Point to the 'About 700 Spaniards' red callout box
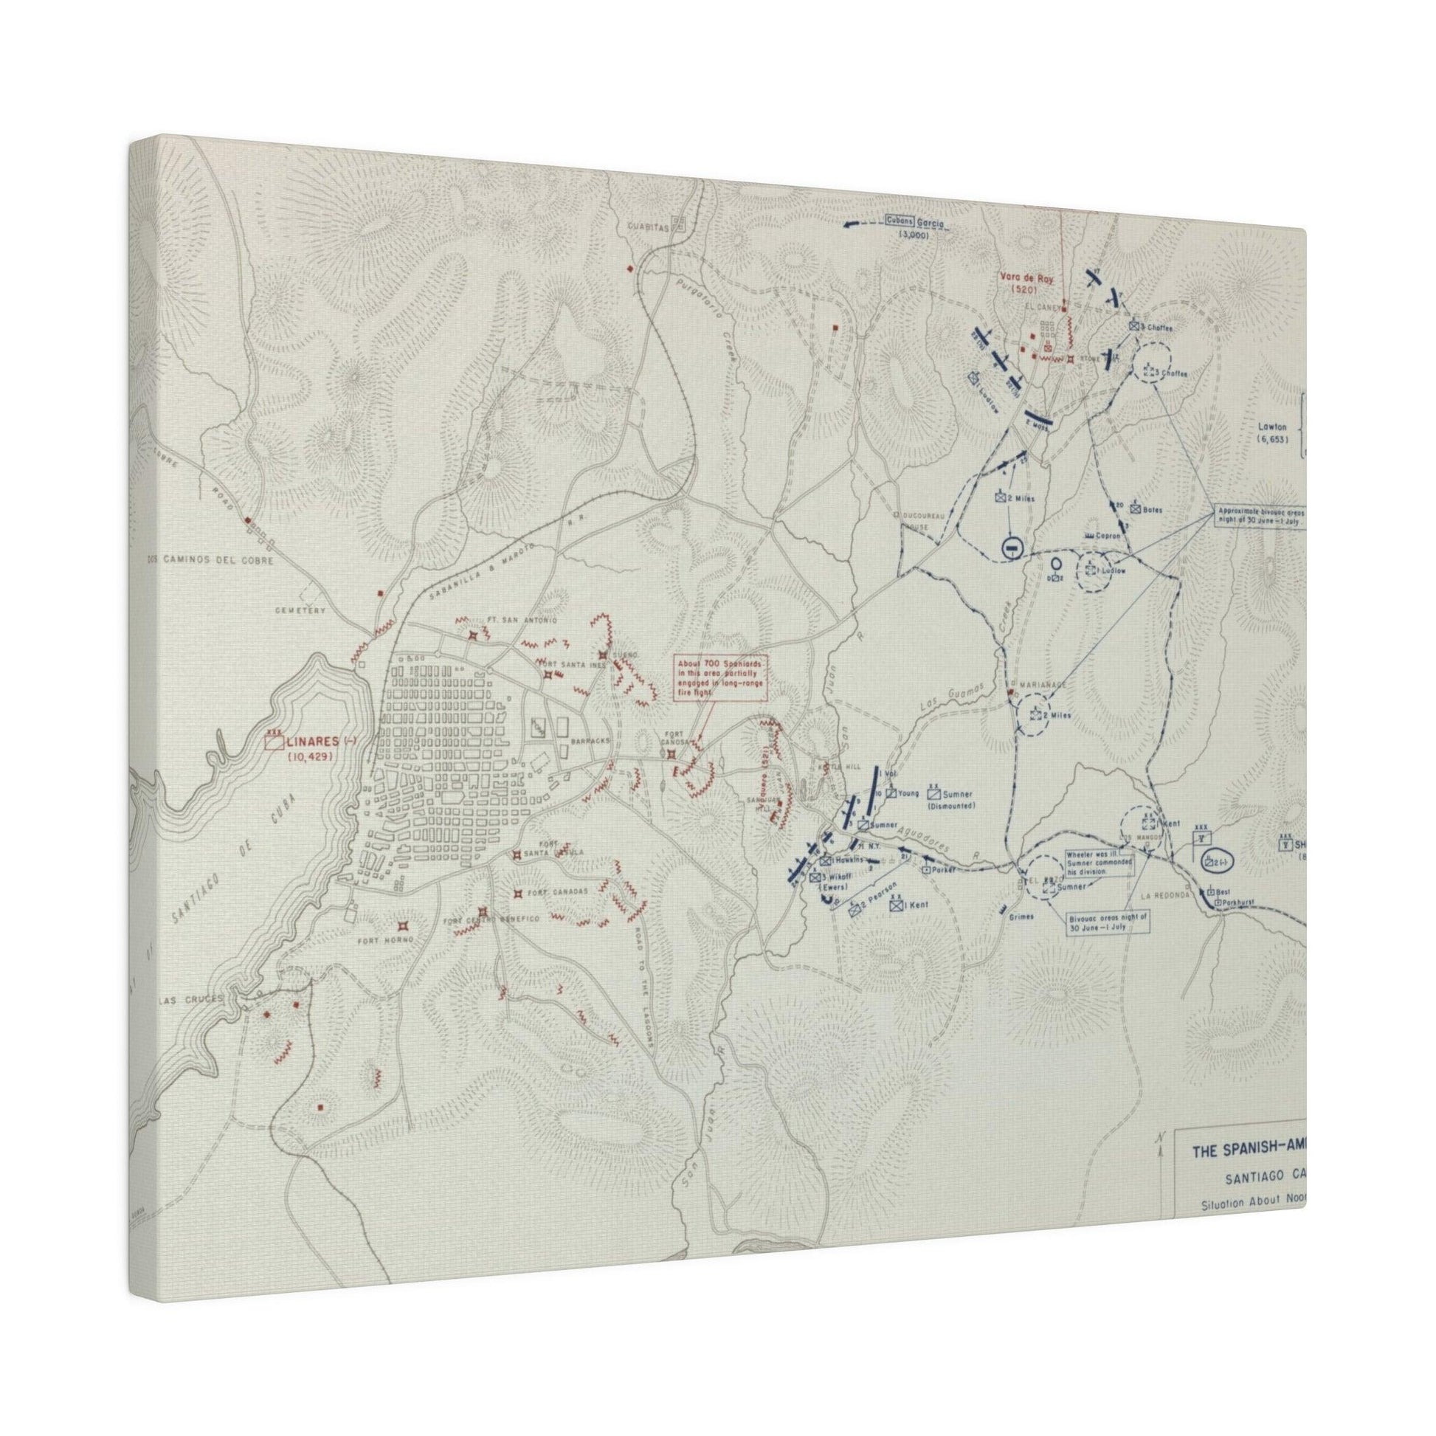719,678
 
